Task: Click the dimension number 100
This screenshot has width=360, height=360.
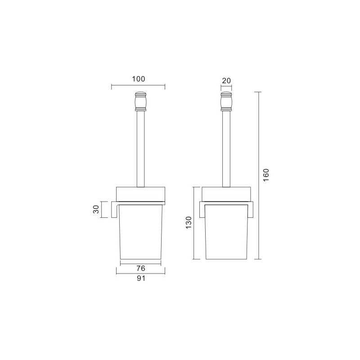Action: [x=139, y=79]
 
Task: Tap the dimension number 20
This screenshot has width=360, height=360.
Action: [x=226, y=81]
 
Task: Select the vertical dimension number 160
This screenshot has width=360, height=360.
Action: [x=266, y=175]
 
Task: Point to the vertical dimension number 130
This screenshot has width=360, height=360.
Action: [x=189, y=222]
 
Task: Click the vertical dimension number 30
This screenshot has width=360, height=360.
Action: [x=96, y=209]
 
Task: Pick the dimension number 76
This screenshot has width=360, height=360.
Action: [x=141, y=268]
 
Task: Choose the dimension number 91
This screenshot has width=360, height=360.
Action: [x=141, y=278]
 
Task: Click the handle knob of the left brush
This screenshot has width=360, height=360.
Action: [x=140, y=102]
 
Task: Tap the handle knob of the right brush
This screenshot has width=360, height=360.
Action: [x=226, y=102]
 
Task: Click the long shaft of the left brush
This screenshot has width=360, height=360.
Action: [x=140, y=149]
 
